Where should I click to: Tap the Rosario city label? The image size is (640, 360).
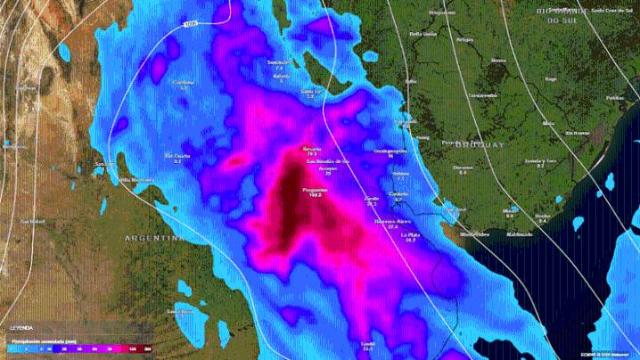click(311, 149)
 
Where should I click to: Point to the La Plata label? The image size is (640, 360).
click(411, 234)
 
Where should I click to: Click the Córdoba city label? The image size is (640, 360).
click(185, 83)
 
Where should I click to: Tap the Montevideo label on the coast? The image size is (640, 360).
click(475, 233)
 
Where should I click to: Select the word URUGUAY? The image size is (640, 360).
click(479, 144)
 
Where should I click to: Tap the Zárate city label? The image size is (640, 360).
click(372, 199)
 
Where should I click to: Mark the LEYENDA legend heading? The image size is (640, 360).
click(21, 328)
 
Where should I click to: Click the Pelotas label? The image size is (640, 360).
click(614, 97)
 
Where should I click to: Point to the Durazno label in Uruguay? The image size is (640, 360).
click(463, 167)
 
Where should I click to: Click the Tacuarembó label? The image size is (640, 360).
click(483, 95)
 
